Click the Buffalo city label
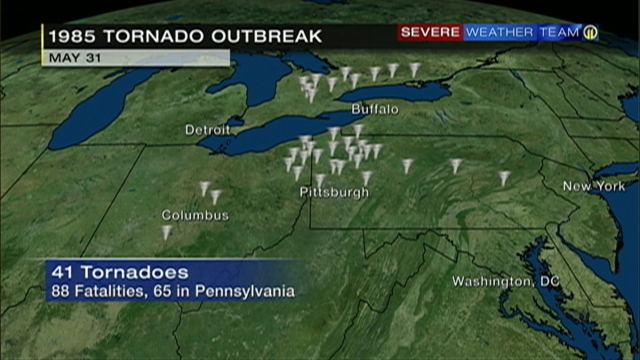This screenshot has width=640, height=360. tap(375, 109)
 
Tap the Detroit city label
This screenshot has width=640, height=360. tap(207, 130)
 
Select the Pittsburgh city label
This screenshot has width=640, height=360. tap(334, 192)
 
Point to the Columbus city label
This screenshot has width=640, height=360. tap(195, 215)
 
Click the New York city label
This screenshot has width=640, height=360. tap(594, 186)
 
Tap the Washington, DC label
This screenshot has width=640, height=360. tap(505, 281)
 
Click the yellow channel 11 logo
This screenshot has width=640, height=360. tap(590, 32)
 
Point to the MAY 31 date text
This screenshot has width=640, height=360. tap(74, 57)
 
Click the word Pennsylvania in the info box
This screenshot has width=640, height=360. tap(245, 291)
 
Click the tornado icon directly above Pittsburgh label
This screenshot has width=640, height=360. tap(320, 179)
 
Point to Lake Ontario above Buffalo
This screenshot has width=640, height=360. tap(395, 92)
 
